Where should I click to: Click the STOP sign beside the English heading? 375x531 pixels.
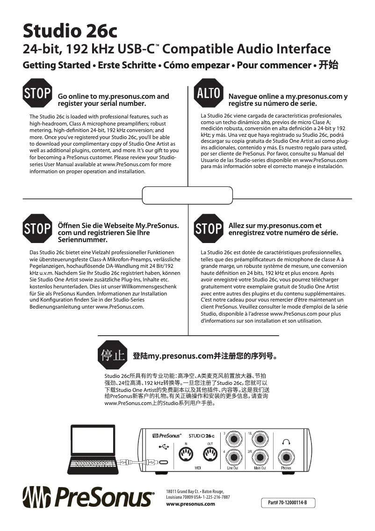point(37,93)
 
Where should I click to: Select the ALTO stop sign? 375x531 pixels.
point(208,93)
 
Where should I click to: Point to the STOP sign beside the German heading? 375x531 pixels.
point(37,229)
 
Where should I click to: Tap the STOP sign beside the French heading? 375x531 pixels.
point(208,229)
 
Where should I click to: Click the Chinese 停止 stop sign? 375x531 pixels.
point(113,355)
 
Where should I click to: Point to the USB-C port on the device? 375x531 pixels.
point(163,463)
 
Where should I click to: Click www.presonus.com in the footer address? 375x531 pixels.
point(191,504)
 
